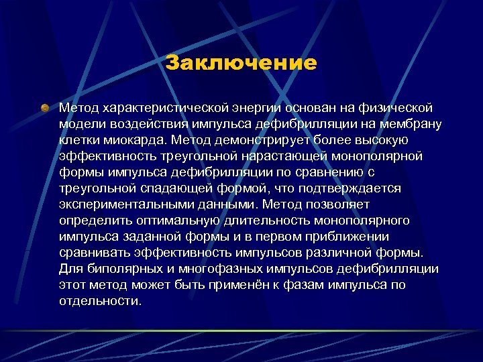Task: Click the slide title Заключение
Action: tap(241, 63)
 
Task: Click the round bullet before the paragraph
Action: tap(45, 107)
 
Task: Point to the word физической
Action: tap(391, 107)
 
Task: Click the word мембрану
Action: tap(398, 124)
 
